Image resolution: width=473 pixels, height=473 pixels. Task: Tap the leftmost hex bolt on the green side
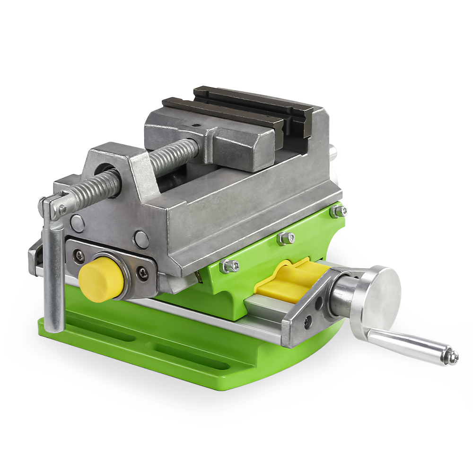[229, 266]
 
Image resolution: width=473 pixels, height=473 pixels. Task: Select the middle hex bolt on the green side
[285, 238]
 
